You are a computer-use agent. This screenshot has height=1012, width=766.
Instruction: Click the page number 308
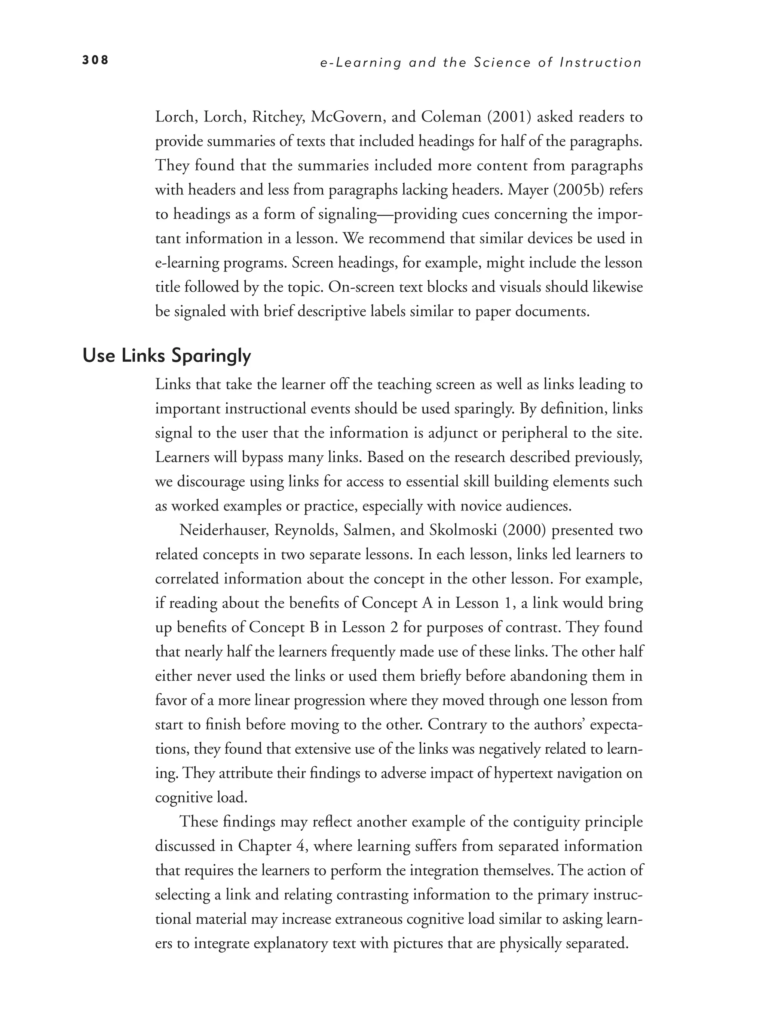point(95,60)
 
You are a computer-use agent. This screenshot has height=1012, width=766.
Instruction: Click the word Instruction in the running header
point(601,63)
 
